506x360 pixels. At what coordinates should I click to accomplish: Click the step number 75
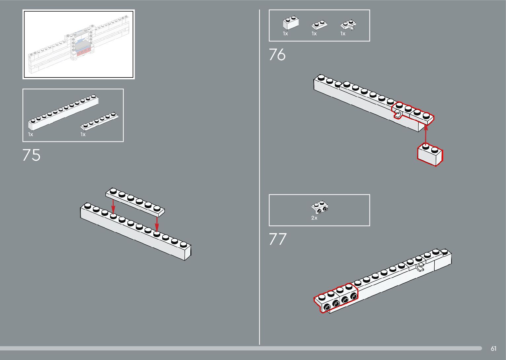(x=31, y=155)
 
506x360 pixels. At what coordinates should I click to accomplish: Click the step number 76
(x=277, y=55)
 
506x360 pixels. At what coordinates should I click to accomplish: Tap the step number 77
(x=277, y=239)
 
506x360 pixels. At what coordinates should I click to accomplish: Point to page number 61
(x=493, y=348)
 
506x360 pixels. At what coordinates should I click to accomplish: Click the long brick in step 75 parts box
(x=63, y=113)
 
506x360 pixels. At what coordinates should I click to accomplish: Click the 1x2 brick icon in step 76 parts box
(x=291, y=23)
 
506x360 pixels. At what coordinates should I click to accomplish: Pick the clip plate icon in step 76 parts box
(x=349, y=25)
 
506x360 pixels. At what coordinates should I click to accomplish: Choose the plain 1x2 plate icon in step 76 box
(x=319, y=25)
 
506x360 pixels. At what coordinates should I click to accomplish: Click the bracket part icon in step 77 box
(x=320, y=207)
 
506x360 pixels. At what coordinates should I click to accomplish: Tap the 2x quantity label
(x=314, y=218)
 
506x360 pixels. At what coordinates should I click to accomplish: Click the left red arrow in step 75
(x=113, y=206)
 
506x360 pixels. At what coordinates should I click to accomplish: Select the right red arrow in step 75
(x=157, y=223)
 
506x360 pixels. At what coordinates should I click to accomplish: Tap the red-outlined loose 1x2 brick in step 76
(x=430, y=155)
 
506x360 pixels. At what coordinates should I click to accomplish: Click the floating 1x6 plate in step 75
(x=135, y=200)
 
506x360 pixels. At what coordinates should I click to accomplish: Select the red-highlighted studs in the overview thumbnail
(x=83, y=51)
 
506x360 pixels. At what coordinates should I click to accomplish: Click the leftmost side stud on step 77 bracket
(x=327, y=307)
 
